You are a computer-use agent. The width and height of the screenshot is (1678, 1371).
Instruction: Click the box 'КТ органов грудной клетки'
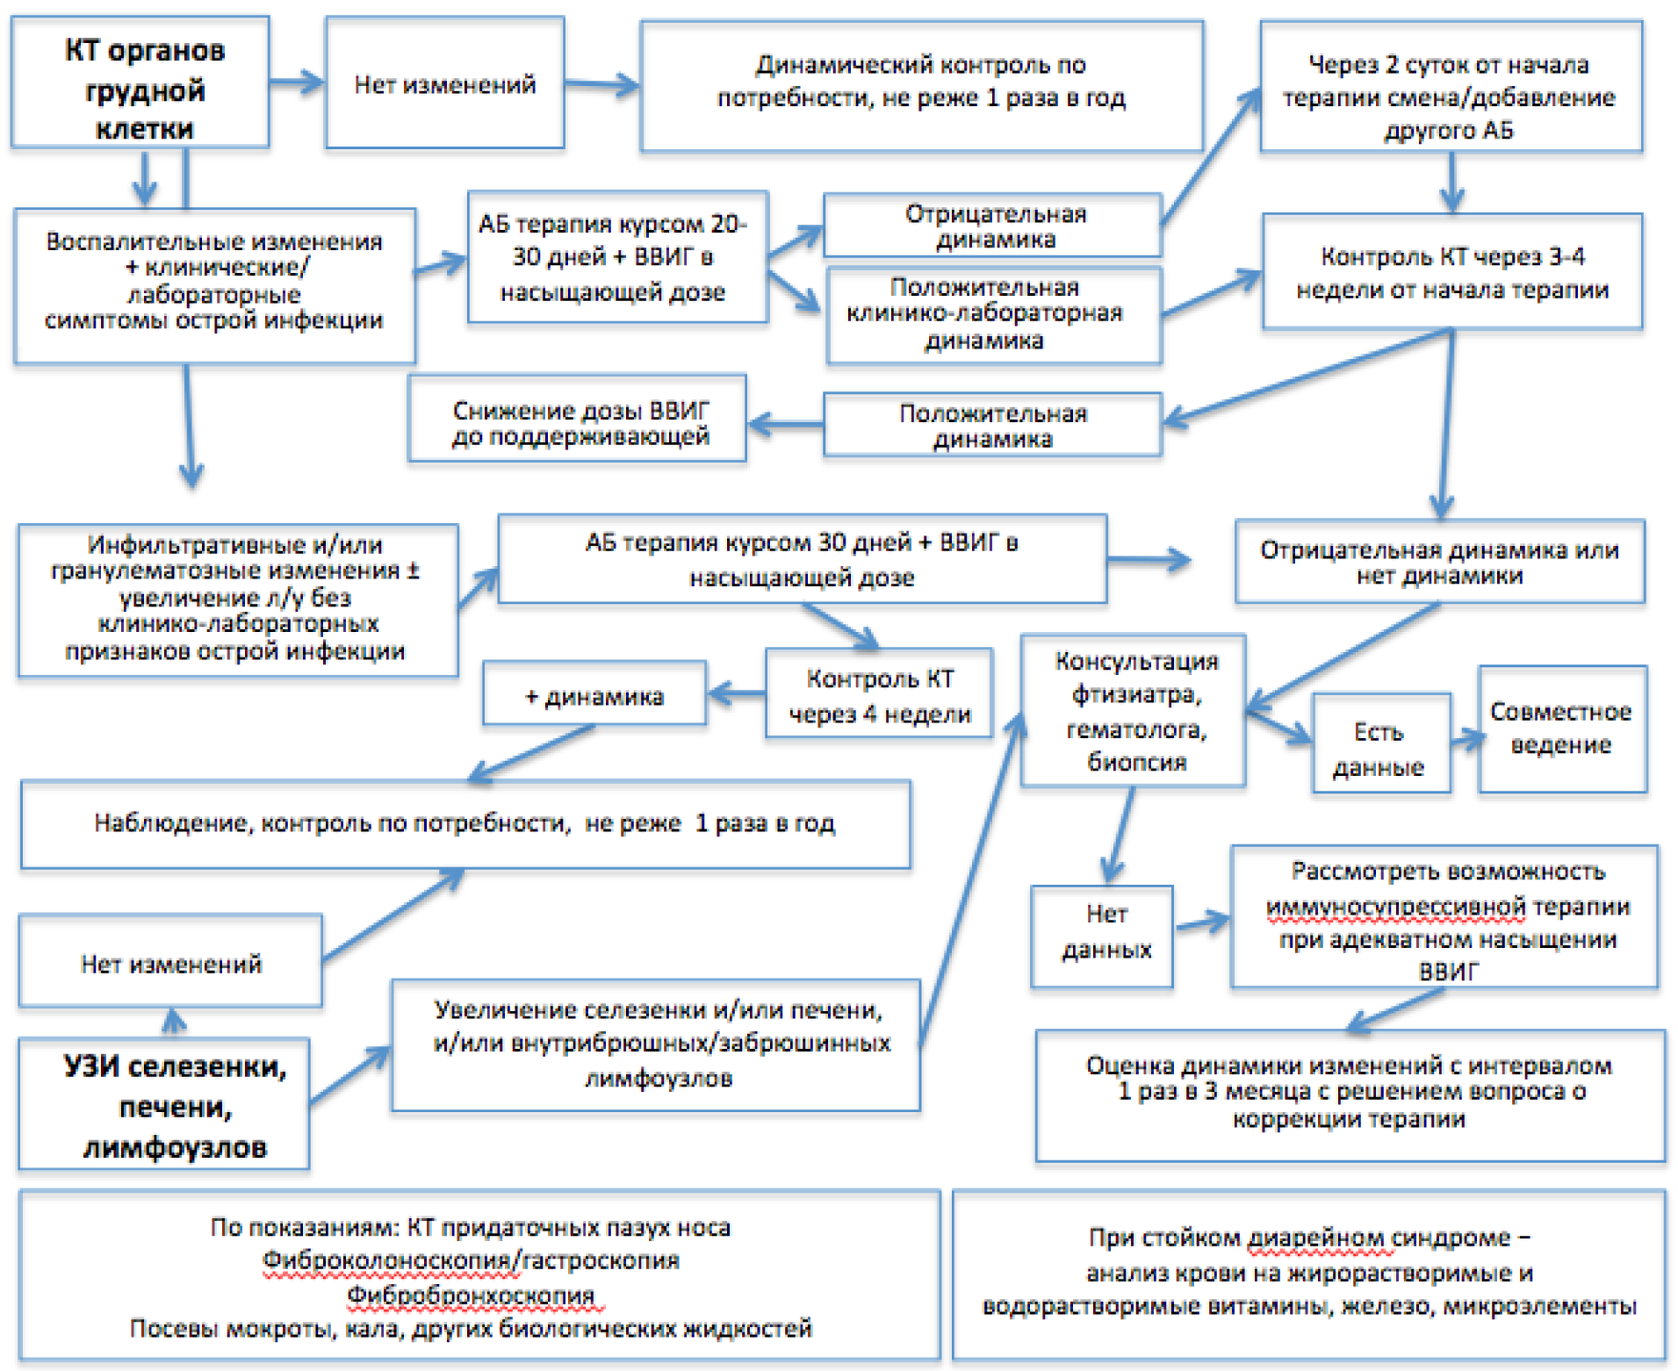pyautogui.click(x=140, y=82)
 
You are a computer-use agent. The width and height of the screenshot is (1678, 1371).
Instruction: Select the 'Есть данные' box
pyautogui.click(x=1381, y=743)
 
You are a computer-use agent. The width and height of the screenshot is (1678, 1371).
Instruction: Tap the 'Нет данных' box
pyautogui.click(x=1102, y=937)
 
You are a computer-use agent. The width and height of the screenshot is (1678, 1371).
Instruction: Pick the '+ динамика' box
pyautogui.click(x=594, y=693)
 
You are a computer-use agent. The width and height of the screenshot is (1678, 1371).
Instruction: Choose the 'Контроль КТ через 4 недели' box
pyautogui.click(x=879, y=693)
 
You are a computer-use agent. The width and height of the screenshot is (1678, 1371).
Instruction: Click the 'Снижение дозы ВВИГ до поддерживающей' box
pyautogui.click(x=577, y=418)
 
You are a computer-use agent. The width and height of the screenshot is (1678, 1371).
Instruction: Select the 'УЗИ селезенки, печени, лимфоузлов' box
pyautogui.click(x=164, y=1104)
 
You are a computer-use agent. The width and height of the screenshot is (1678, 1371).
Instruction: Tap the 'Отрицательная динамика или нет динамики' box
pyautogui.click(x=1440, y=562)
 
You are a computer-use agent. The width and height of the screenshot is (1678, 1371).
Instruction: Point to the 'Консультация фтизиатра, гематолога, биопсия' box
pyautogui.click(x=1133, y=711)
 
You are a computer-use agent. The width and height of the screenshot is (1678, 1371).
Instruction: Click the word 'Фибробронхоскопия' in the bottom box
pyautogui.click(x=471, y=1296)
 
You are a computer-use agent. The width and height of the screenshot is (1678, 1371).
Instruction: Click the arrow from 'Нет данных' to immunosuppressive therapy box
pyautogui.click(x=1202, y=922)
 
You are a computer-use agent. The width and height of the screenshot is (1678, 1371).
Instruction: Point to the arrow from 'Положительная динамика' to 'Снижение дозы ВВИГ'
pyautogui.click(x=785, y=425)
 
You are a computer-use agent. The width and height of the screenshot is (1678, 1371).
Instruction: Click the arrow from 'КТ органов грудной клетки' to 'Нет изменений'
pyautogui.click(x=298, y=83)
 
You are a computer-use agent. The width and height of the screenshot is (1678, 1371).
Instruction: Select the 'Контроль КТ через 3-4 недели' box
pyautogui.click(x=1452, y=272)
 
